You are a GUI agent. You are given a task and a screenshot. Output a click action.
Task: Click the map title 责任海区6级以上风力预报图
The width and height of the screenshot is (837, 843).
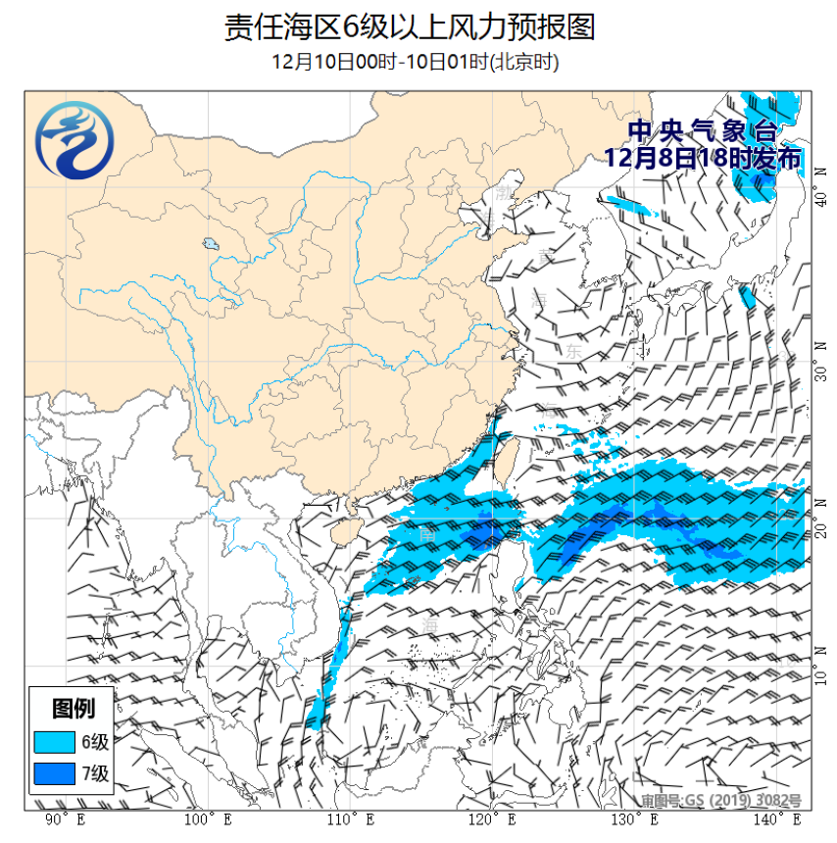[x=410, y=26]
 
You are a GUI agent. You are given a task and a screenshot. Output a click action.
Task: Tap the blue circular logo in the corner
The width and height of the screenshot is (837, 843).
[x=74, y=144]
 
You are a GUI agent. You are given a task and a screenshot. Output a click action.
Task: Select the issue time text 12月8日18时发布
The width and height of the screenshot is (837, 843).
[x=702, y=158]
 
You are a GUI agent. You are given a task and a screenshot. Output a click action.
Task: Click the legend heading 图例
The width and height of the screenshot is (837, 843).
[x=72, y=707]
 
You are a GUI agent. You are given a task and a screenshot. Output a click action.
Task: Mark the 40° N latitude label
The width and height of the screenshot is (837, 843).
[x=820, y=199]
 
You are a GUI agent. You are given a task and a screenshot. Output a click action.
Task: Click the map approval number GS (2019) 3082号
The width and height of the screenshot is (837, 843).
[x=720, y=801]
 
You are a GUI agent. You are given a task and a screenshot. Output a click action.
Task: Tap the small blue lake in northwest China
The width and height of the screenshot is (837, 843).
[x=210, y=244]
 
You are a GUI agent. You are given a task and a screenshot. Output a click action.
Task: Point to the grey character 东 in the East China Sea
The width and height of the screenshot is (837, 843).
[x=573, y=350]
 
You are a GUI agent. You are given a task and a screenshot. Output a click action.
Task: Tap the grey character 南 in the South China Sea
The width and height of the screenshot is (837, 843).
[x=428, y=535]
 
